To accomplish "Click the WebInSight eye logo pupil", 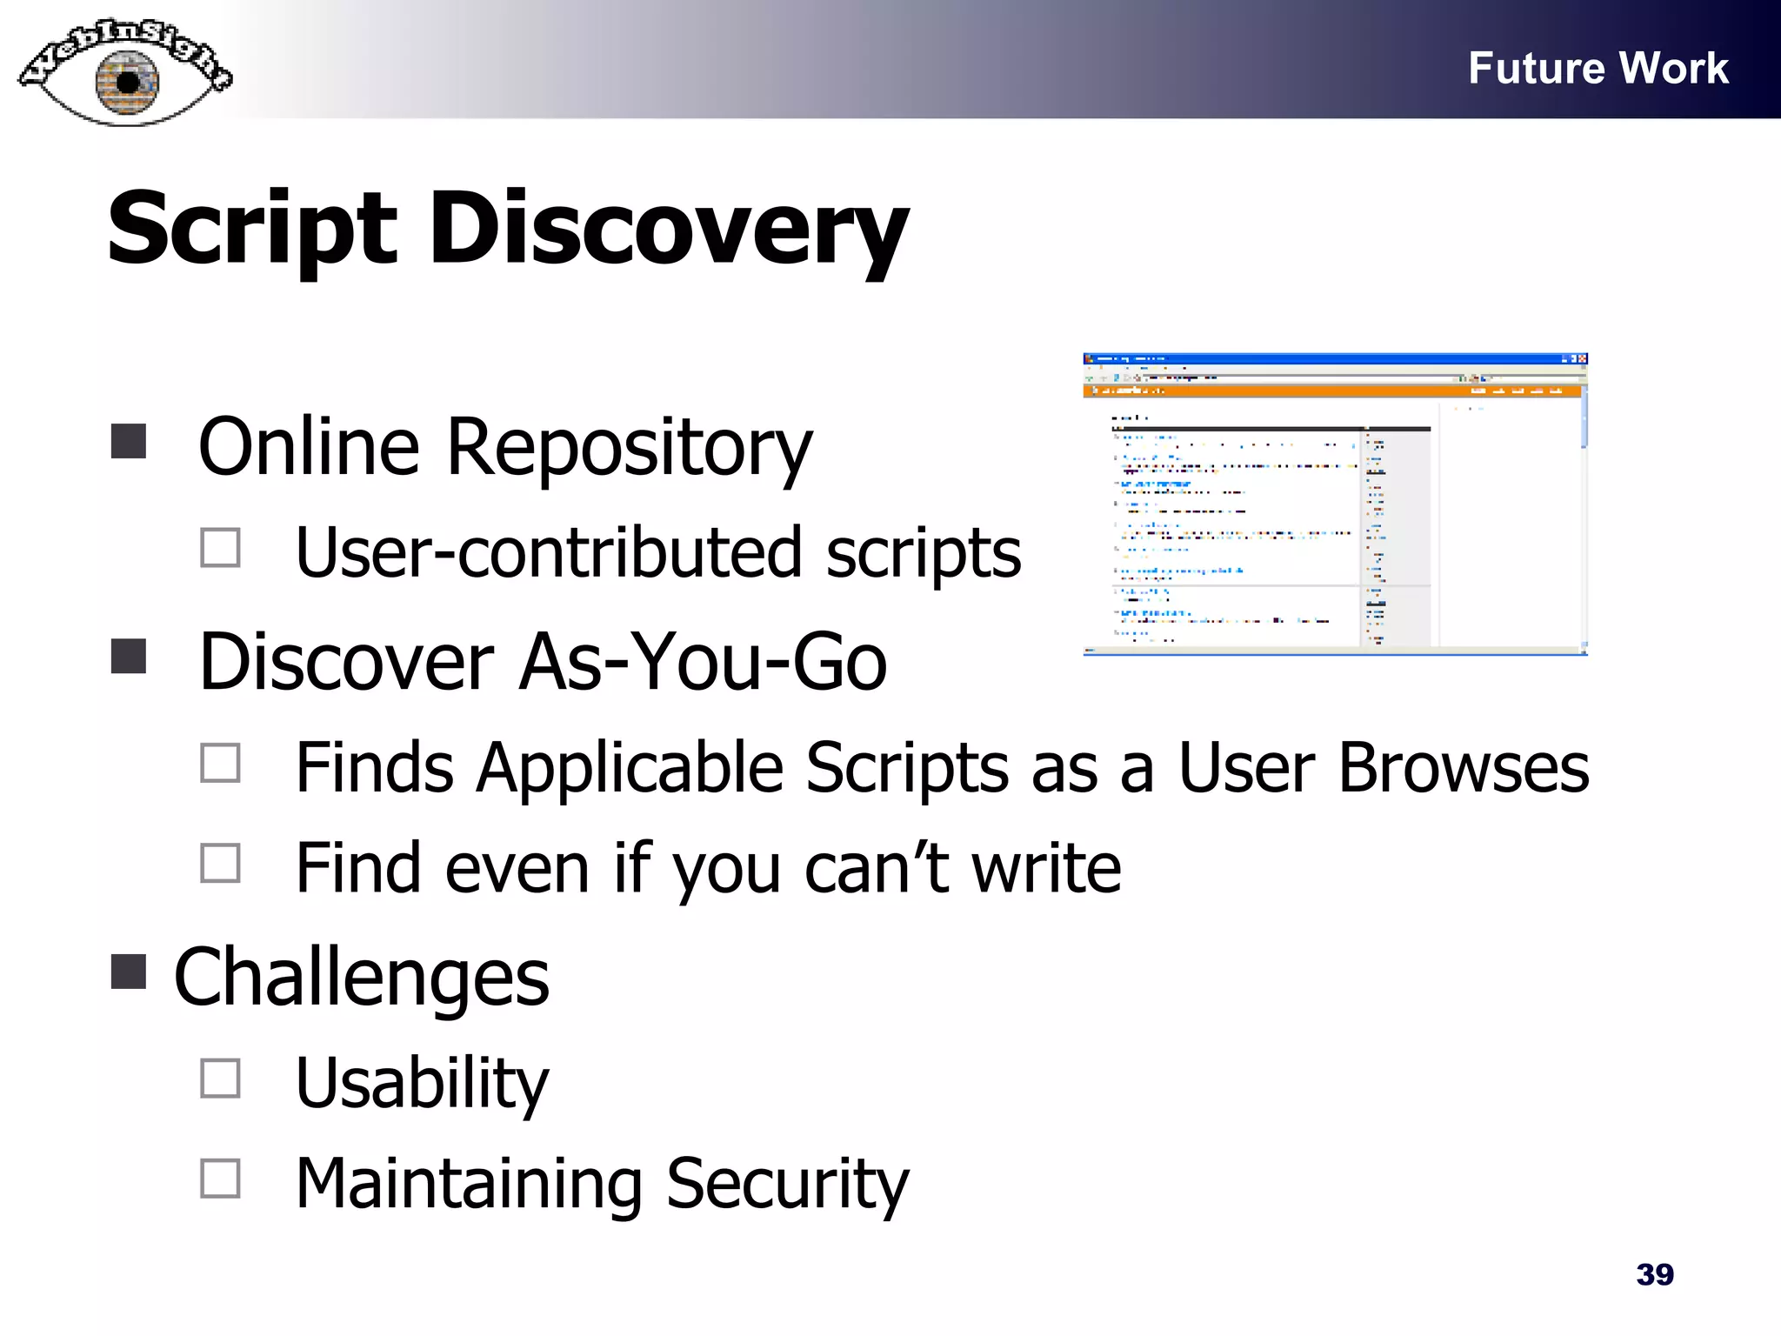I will coord(128,83).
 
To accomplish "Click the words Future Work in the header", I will coord(1598,68).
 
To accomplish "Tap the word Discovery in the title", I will coord(668,230).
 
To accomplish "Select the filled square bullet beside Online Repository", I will coord(129,441).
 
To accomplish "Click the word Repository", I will coord(629,449).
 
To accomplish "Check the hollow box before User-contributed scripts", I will coord(220,548).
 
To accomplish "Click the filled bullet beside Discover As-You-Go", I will coord(129,657).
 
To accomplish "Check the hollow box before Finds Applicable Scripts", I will coord(220,763).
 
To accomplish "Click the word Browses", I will coord(1463,768).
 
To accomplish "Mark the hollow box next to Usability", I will coord(220,1078).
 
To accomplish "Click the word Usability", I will coord(423,1084).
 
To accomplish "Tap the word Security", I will coord(787,1184).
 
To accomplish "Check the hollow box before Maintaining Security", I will coord(220,1179).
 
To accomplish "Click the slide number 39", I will coord(1654,1274).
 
